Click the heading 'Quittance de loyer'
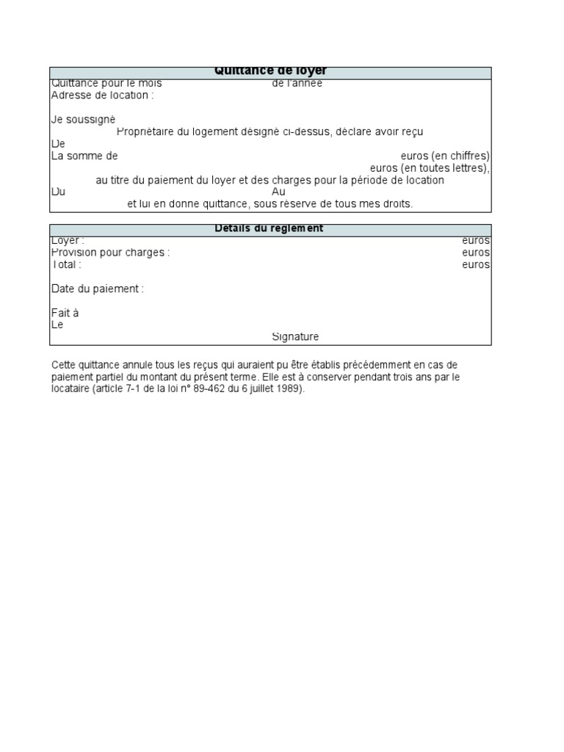pyautogui.click(x=270, y=71)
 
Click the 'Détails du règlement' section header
pyautogui.click(x=269, y=228)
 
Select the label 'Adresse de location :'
pyautogui.click(x=103, y=95)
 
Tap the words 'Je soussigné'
pyautogui.click(x=83, y=119)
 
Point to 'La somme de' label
pyautogui.click(x=84, y=156)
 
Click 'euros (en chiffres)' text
pyautogui.click(x=445, y=156)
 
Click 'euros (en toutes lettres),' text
pyautogui.click(x=430, y=167)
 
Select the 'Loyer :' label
pyautogui.click(x=68, y=241)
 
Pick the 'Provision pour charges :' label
pyautogui.click(x=110, y=253)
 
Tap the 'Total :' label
pyautogui.click(x=66, y=264)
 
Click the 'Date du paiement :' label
pyautogui.click(x=98, y=289)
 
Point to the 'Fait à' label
pyautogui.click(x=65, y=313)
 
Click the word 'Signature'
pyautogui.click(x=295, y=337)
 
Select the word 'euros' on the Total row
pyautogui.click(x=476, y=264)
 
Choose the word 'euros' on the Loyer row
pyautogui.click(x=476, y=241)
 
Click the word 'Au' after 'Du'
pyautogui.click(x=278, y=192)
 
